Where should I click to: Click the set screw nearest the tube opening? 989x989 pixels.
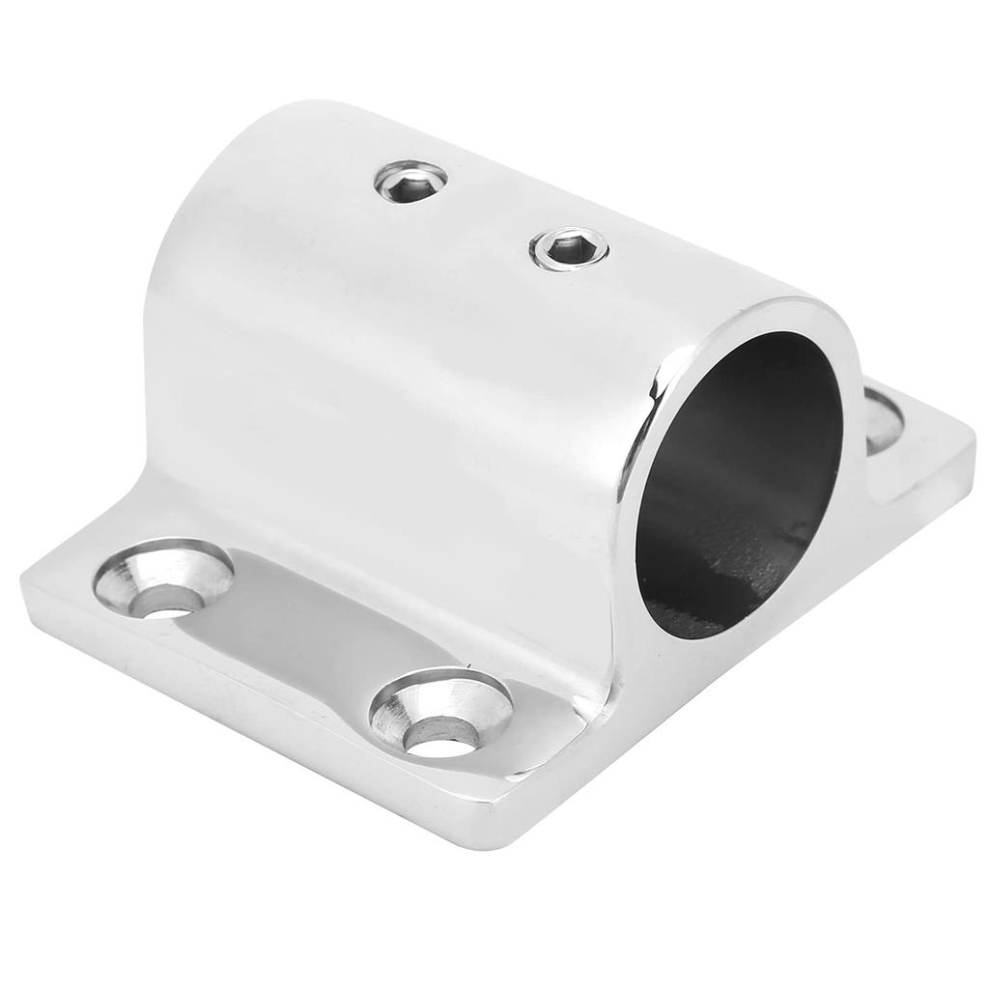[x=571, y=248]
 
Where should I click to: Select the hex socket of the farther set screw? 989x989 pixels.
[x=410, y=179]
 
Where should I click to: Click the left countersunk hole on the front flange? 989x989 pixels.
[x=164, y=579]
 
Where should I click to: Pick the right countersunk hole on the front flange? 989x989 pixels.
[x=440, y=714]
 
